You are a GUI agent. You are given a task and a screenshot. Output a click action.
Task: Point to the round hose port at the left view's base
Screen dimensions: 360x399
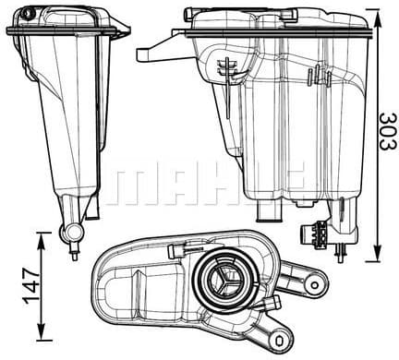(73, 231)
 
